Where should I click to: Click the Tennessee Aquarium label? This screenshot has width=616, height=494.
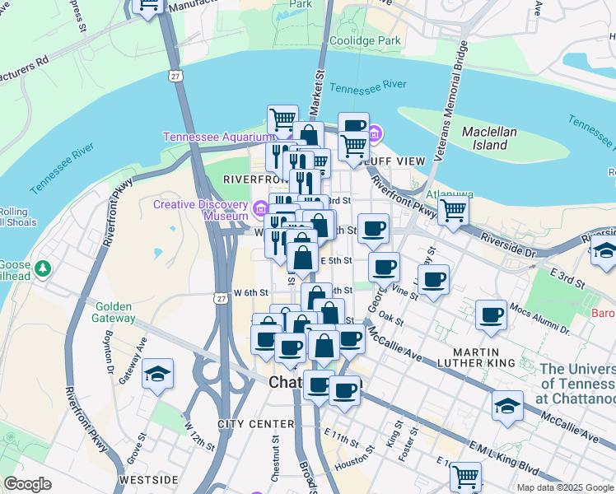(x=217, y=137)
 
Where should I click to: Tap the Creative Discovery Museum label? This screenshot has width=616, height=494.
(x=200, y=210)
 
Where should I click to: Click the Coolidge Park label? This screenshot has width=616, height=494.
(x=365, y=40)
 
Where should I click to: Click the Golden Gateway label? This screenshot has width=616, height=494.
(x=108, y=313)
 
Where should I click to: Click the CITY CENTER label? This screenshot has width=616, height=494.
(x=256, y=424)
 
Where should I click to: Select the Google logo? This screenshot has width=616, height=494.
(x=26, y=484)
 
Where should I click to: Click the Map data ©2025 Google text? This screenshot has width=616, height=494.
(x=564, y=487)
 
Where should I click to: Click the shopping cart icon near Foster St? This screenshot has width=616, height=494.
(x=466, y=476)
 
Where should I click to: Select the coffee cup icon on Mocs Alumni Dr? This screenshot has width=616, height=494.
(x=492, y=315)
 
